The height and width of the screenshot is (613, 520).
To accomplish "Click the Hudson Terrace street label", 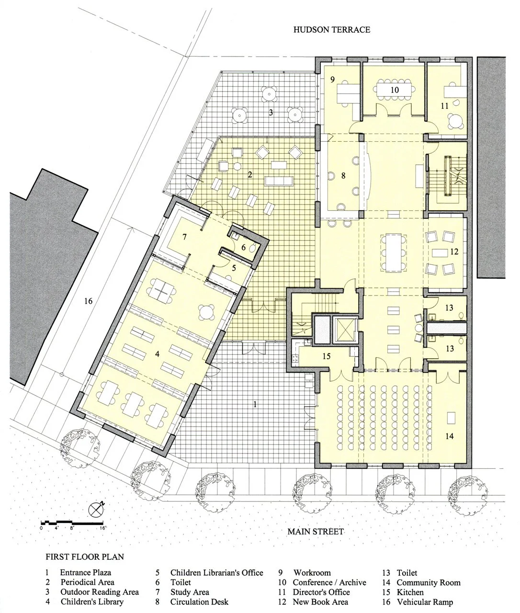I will point(332,30).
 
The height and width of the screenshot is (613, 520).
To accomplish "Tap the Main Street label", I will point(316,531).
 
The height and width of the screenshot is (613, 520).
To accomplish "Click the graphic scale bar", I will point(72,522).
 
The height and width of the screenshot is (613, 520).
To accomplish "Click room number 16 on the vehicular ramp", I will point(88,301).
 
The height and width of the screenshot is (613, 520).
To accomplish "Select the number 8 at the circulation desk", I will point(343,176).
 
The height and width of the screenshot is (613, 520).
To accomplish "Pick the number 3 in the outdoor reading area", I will point(270,113).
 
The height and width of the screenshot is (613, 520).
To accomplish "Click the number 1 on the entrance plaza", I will point(255,404).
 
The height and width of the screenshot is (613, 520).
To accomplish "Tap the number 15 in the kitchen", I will point(327,356).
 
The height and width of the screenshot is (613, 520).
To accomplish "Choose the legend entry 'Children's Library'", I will point(91,602).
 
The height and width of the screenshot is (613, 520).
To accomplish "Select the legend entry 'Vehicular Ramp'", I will point(424,602).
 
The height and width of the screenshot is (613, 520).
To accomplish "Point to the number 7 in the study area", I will point(183,236).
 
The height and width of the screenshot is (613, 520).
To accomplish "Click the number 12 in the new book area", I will point(454,251).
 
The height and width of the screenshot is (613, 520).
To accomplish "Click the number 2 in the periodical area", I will point(249,174).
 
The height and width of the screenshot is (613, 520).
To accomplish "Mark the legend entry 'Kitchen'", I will point(410,592).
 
